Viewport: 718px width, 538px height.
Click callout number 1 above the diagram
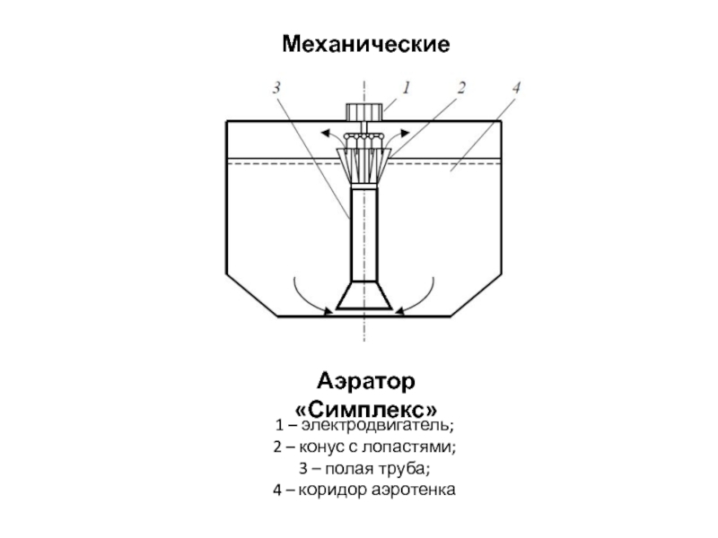[x=406, y=89]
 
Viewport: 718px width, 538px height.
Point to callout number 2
[x=461, y=89]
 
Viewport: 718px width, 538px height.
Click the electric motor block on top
[x=364, y=112]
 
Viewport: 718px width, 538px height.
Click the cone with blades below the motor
[x=364, y=161]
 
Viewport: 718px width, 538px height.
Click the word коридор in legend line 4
[x=332, y=490]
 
